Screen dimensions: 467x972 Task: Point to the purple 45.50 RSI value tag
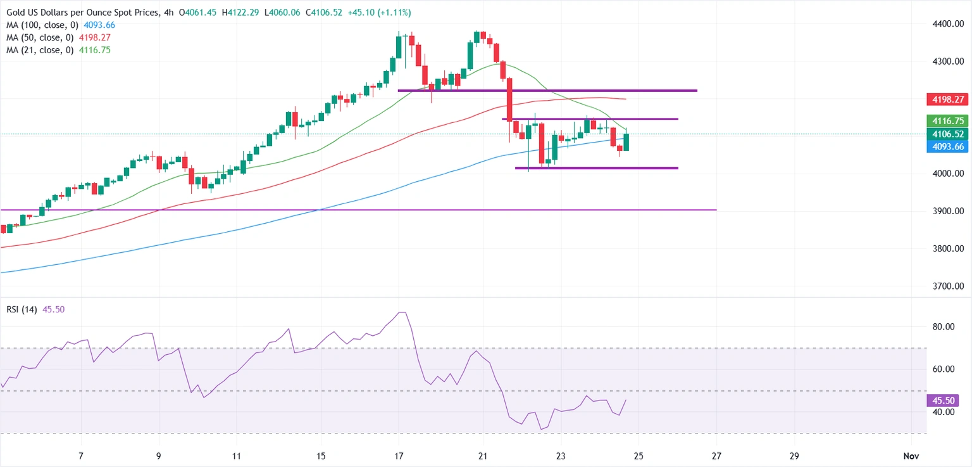(943, 400)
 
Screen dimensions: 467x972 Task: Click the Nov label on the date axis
(911, 456)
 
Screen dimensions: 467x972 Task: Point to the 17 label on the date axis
(399, 456)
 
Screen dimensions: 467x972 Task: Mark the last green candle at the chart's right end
(626, 142)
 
